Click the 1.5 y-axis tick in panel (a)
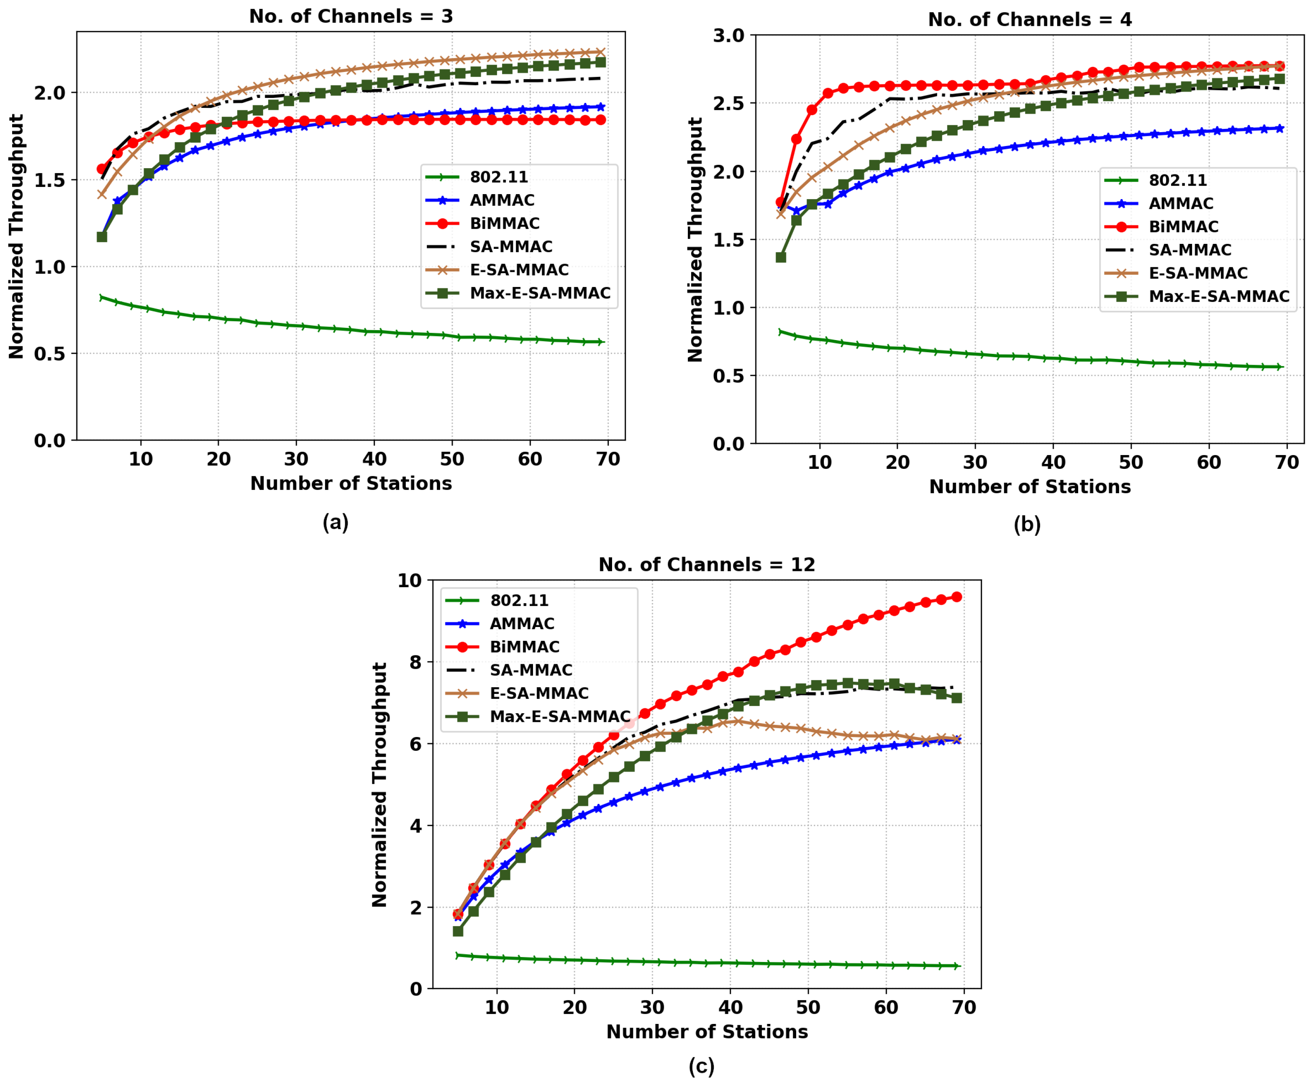point(50,180)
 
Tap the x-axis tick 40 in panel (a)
point(374,459)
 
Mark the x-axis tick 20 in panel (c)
point(574,1008)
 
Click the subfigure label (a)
point(336,522)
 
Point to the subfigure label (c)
point(701,1066)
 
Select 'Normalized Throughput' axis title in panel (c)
point(379,785)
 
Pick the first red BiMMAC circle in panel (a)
point(102,169)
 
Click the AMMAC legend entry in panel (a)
point(502,200)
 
